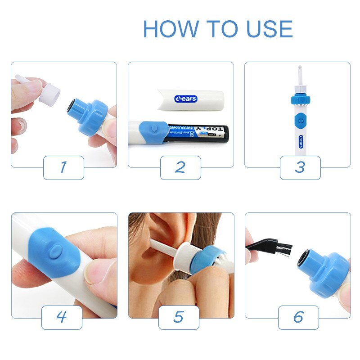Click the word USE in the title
[269, 29]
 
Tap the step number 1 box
[63, 167]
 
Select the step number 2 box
[180, 167]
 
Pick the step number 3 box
[300, 167]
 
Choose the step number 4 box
[62, 317]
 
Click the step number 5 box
[179, 317]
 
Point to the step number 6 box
[298, 317]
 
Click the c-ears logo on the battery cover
[186, 99]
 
